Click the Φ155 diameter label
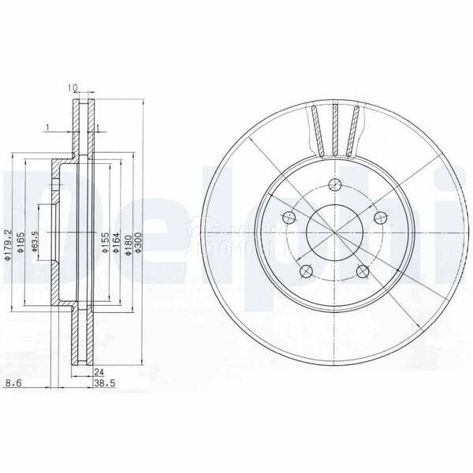click(104, 244)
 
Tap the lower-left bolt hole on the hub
click(306, 272)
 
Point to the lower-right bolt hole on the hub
click(363, 272)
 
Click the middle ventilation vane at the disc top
click(336, 130)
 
